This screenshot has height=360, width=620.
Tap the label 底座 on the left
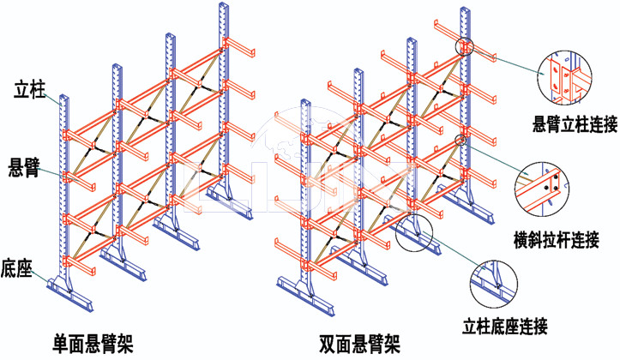[x=17, y=269]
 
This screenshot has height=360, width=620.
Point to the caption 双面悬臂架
[x=359, y=345]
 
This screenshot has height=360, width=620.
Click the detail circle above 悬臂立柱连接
[x=563, y=75]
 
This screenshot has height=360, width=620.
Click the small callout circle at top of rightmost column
[x=464, y=45]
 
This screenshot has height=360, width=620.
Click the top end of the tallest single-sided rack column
[x=224, y=6]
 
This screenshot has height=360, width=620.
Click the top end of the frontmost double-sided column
[x=306, y=104]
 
